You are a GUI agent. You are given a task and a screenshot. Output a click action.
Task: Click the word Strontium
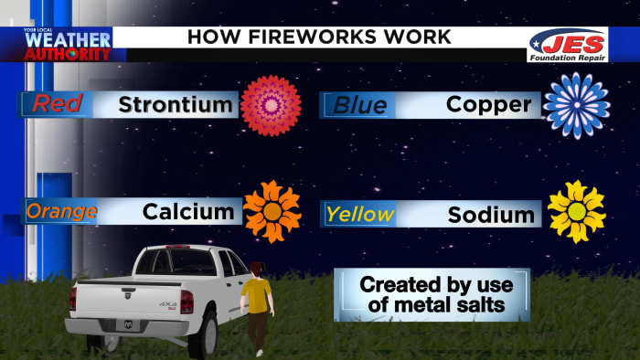[176, 104]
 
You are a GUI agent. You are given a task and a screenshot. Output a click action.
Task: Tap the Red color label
[57, 104]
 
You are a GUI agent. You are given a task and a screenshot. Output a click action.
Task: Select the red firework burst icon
[271, 105]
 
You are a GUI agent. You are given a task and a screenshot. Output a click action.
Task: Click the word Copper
[488, 104]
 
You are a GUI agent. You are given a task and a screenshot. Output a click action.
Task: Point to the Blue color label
[359, 104]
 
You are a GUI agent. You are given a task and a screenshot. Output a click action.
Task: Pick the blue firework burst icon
[576, 105]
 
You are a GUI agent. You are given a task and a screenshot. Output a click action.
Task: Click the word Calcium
[188, 212]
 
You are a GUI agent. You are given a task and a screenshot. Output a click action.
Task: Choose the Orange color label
[61, 212]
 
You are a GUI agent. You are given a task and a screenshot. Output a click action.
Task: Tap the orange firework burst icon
[272, 212]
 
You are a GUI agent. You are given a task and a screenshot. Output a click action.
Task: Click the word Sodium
[491, 215]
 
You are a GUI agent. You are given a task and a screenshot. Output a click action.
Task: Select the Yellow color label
[360, 215]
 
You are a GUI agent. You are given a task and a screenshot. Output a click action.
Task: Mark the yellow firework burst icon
[576, 212]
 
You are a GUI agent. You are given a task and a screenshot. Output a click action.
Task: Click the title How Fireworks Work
[318, 37]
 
